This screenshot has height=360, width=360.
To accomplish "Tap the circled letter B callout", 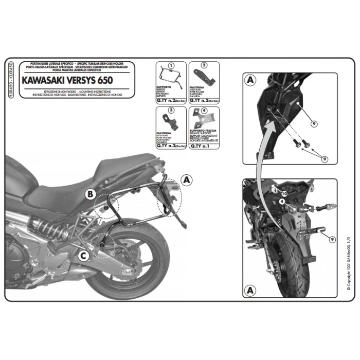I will (x=91, y=193).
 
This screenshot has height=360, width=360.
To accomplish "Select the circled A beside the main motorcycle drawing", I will (x=187, y=179).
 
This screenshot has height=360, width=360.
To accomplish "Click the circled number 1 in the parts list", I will (x=171, y=66).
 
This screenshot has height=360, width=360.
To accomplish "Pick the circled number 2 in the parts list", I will (x=204, y=66).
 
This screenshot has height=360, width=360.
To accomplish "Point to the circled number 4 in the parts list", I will (x=204, y=111).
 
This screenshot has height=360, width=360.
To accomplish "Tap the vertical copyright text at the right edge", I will (x=348, y=272).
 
